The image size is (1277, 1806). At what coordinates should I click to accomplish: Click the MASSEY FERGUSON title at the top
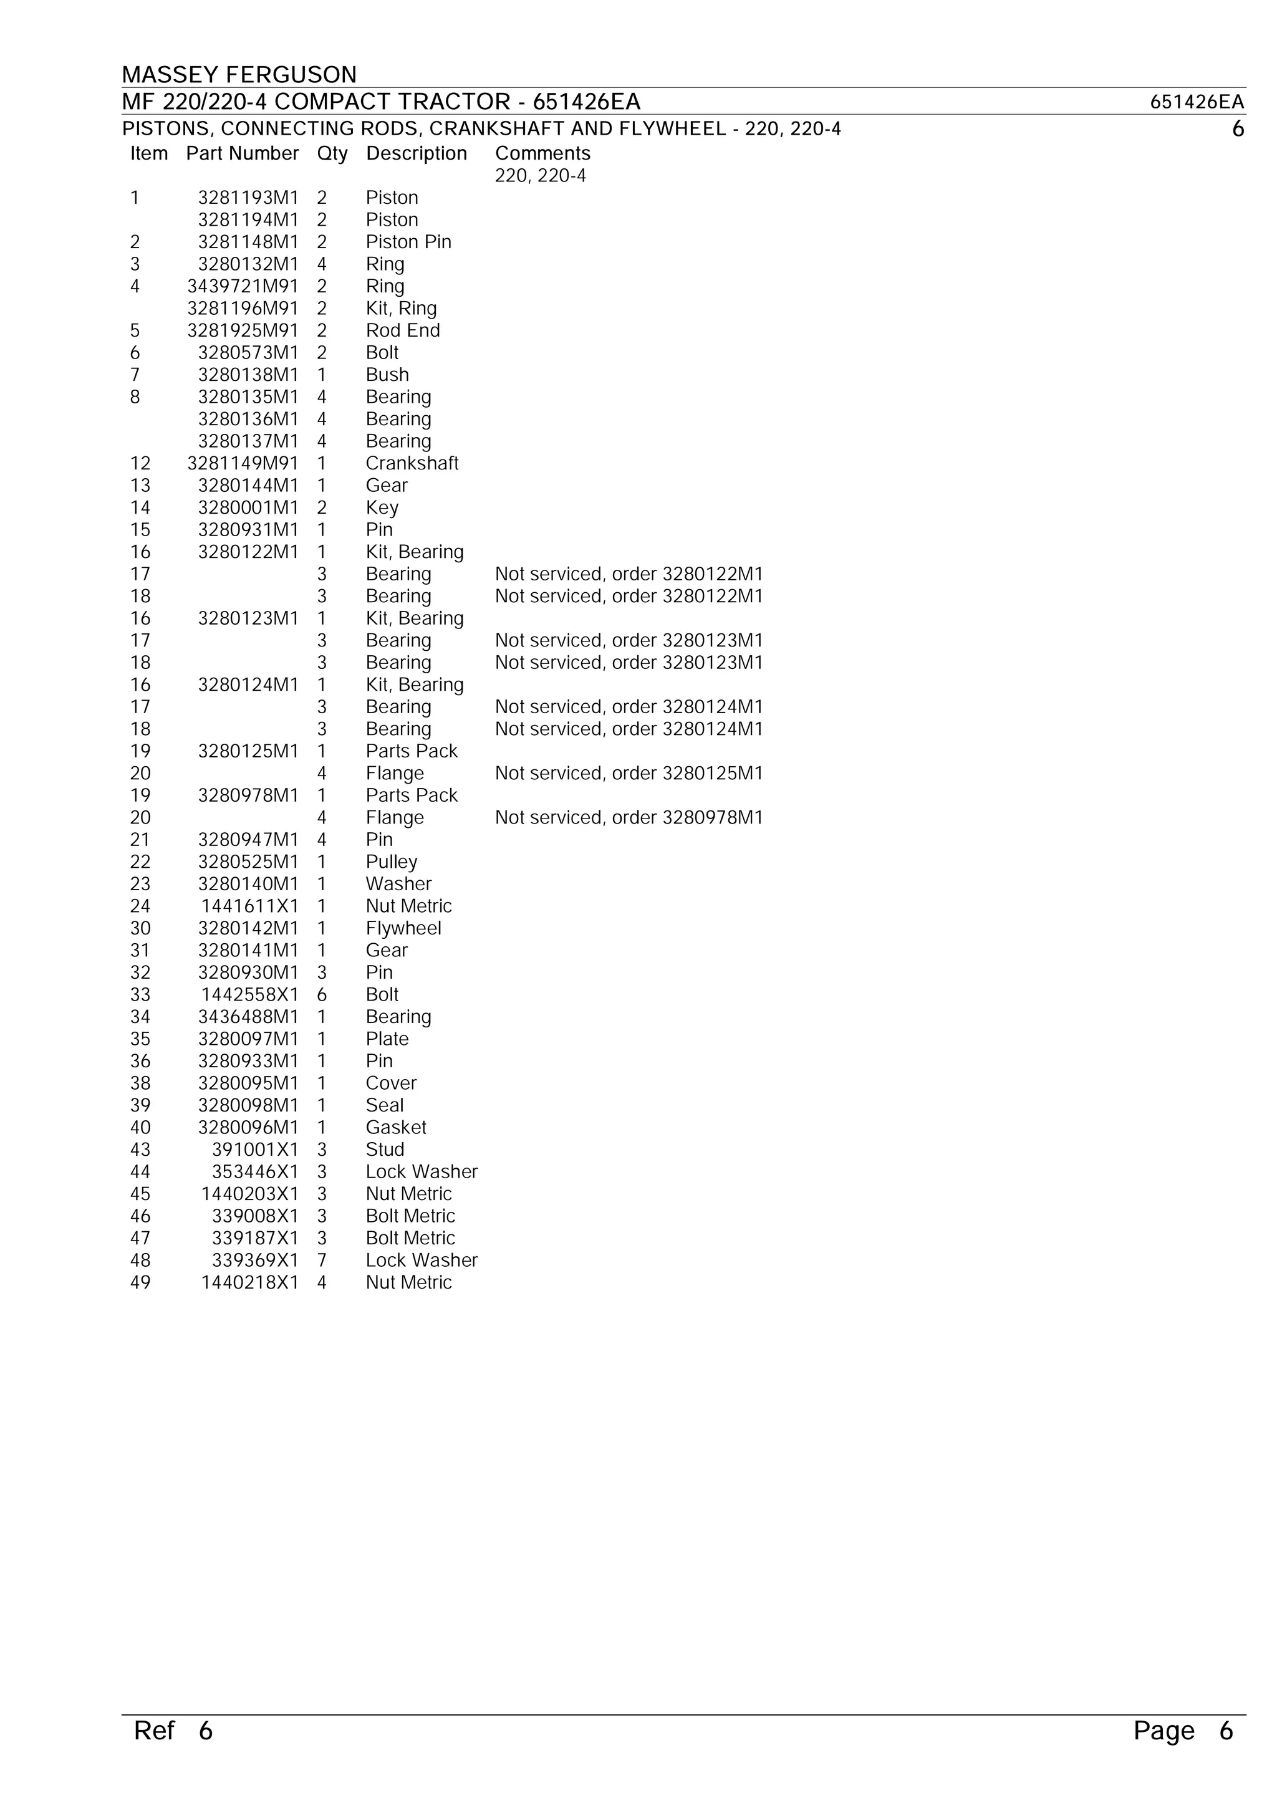click(x=239, y=75)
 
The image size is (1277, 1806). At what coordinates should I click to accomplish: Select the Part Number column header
click(x=243, y=153)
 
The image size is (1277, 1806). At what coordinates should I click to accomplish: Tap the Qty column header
click(x=332, y=153)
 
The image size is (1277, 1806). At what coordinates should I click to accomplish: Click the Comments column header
click(x=542, y=153)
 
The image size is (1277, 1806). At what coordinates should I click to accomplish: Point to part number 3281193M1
click(x=248, y=198)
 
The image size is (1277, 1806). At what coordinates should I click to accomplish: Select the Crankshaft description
click(x=412, y=463)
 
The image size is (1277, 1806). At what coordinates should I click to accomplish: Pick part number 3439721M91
click(x=243, y=286)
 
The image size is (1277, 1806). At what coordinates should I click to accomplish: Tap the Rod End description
click(x=403, y=330)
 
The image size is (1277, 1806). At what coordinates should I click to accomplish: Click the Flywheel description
click(x=403, y=928)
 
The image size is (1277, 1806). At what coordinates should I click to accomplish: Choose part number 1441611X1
click(x=249, y=906)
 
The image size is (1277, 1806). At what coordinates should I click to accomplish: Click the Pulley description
click(x=391, y=862)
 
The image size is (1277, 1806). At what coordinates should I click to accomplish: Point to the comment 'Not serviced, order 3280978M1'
click(x=629, y=817)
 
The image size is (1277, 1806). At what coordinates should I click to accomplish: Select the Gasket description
click(x=396, y=1127)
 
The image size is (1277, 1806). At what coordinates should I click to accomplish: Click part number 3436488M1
click(x=248, y=1017)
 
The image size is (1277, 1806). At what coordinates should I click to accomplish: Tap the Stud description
click(x=385, y=1149)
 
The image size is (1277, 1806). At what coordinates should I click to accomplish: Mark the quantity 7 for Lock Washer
click(x=322, y=1260)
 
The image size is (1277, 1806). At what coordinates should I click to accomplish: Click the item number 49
click(x=140, y=1282)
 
